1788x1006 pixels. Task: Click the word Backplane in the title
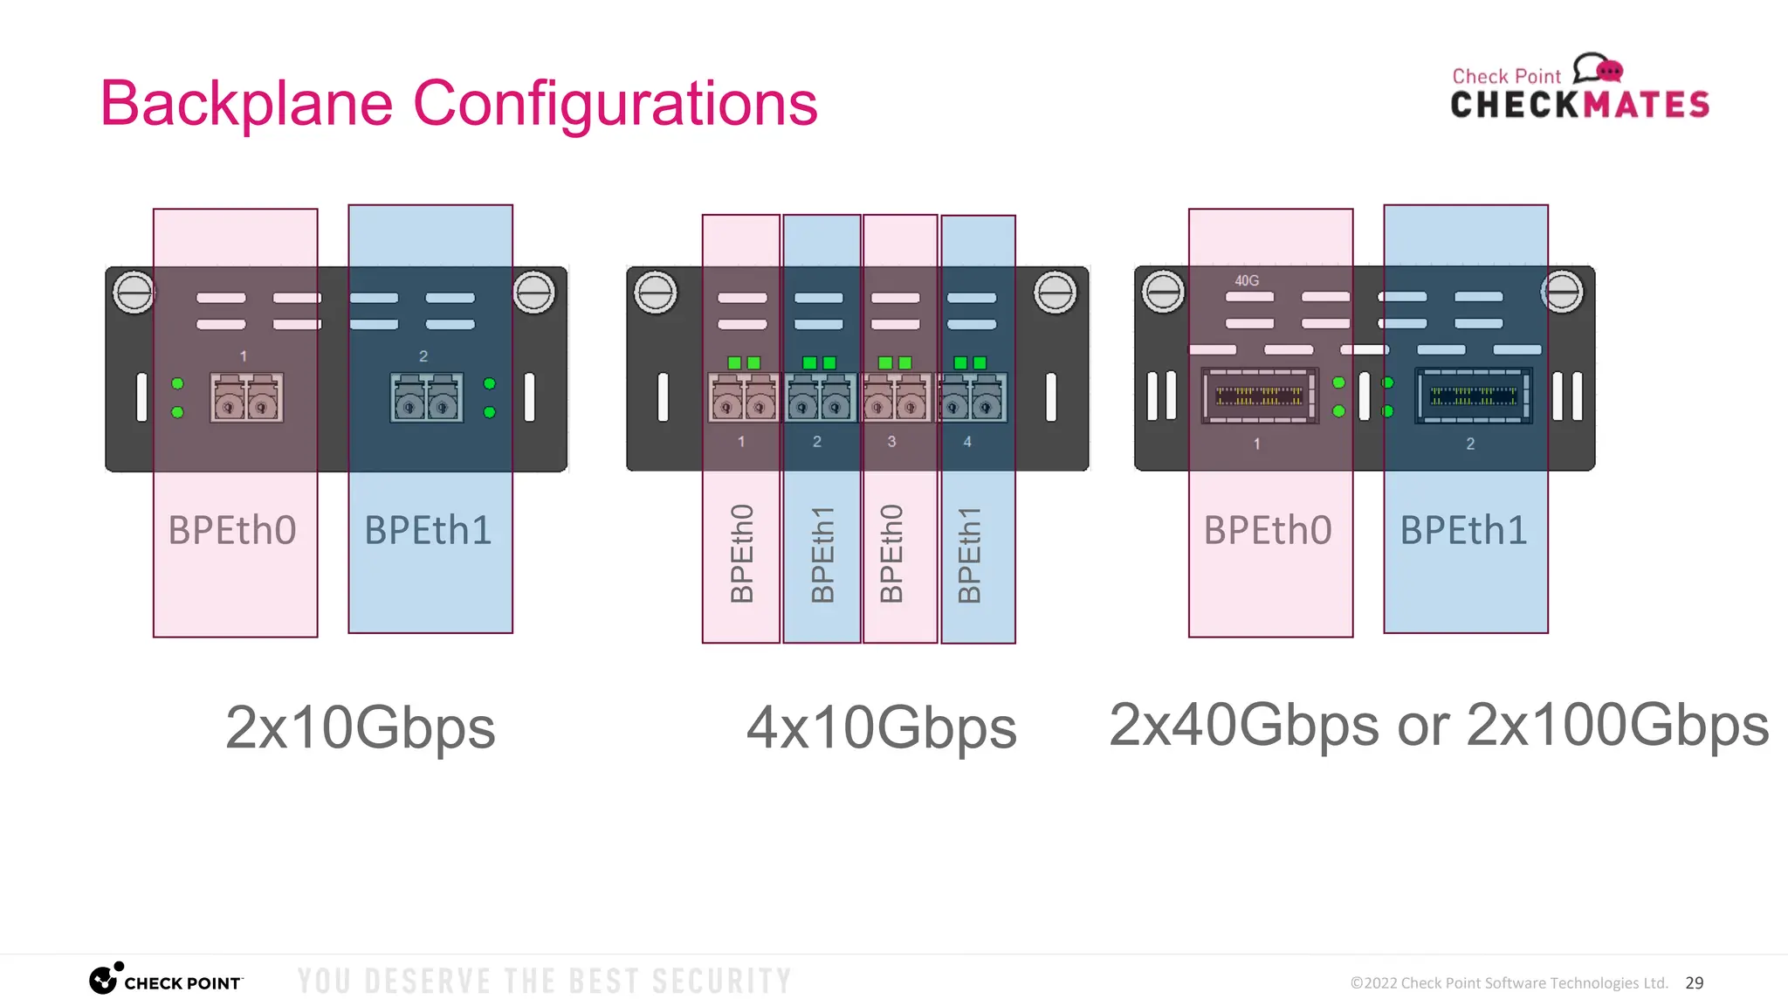point(247,104)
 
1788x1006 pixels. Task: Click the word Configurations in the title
point(615,104)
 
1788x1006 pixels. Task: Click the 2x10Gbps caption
point(360,727)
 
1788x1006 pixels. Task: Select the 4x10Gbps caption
point(881,727)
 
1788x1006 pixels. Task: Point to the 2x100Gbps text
point(1617,725)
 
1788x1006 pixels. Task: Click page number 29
point(1694,982)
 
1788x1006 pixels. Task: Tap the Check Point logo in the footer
point(166,981)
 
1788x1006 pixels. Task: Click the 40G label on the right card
point(1247,280)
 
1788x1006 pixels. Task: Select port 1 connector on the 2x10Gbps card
point(246,398)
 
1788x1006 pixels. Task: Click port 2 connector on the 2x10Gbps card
point(426,398)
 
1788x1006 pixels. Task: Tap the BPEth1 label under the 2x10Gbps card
point(428,530)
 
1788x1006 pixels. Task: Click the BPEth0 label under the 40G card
point(1268,530)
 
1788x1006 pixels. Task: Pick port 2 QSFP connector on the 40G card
point(1473,396)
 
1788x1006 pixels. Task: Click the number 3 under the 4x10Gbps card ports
point(891,442)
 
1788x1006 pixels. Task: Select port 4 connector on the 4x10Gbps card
point(972,398)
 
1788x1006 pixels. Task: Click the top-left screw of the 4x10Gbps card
point(656,292)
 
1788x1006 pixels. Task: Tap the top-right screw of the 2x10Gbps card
point(533,292)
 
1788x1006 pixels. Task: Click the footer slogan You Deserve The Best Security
point(544,982)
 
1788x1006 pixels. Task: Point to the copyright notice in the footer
point(1508,983)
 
